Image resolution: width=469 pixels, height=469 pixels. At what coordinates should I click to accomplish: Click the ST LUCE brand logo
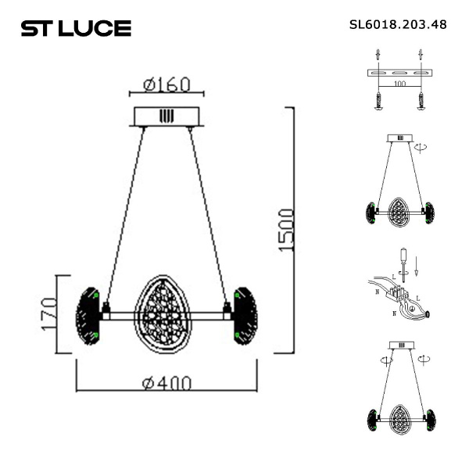click(x=75, y=29)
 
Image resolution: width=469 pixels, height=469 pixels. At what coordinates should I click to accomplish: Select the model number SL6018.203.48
click(x=398, y=24)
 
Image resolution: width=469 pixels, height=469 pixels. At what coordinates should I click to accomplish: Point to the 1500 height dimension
click(x=286, y=230)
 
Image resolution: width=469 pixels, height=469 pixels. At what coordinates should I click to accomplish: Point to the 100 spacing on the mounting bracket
click(x=399, y=82)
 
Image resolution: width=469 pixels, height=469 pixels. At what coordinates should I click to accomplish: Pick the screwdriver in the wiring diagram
click(x=403, y=260)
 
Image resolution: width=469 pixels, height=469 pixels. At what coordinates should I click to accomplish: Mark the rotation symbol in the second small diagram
click(x=423, y=145)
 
